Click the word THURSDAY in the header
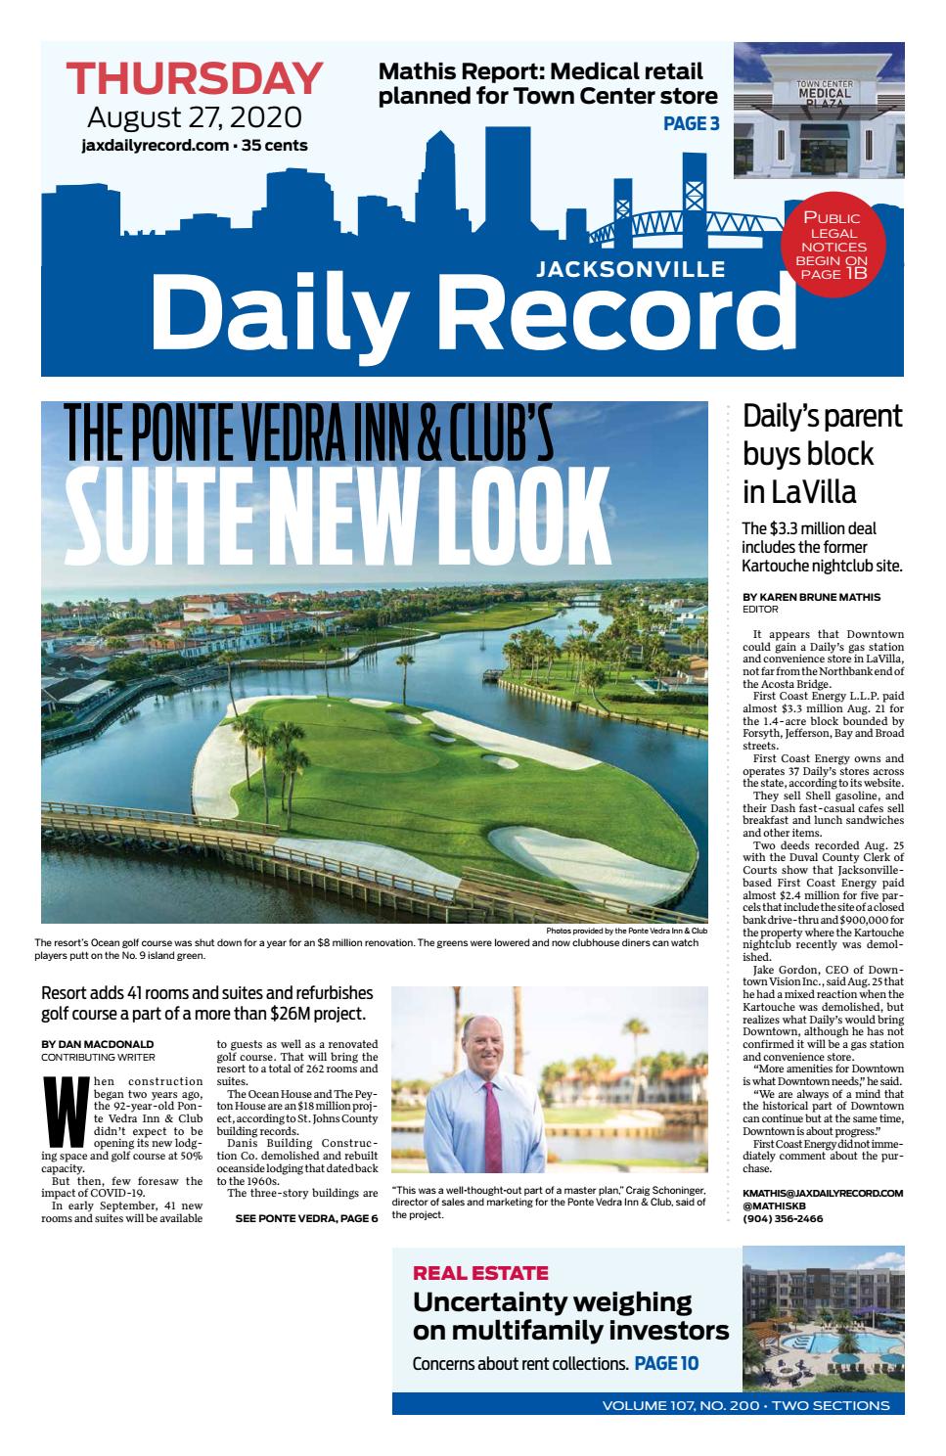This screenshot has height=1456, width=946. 194,79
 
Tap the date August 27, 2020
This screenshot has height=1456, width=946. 194,118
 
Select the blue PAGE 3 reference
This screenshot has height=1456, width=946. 692,123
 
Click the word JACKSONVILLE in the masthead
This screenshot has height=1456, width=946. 631,269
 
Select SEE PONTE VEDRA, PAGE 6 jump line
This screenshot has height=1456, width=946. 306,1218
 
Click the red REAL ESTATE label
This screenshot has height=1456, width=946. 480,1273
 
